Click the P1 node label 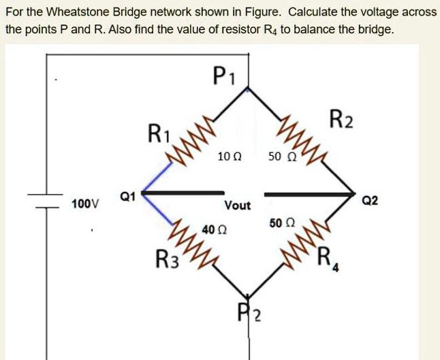[x=223, y=73]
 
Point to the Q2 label [x=371, y=201]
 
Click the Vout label [x=238, y=205]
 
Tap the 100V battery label [x=85, y=203]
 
